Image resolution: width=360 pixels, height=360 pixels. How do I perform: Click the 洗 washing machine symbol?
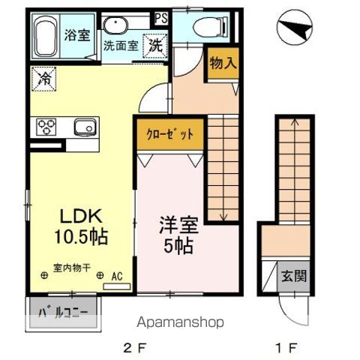pyautogui.click(x=154, y=44)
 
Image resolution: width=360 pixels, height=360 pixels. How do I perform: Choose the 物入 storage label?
pyautogui.click(x=222, y=64)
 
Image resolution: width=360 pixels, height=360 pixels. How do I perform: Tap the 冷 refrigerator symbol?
pyautogui.click(x=43, y=76)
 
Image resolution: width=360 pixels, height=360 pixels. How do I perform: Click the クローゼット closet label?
pyautogui.click(x=169, y=135)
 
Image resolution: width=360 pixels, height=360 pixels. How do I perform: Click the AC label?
pyautogui.click(x=116, y=276)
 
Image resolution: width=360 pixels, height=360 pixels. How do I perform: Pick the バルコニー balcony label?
pyautogui.click(x=64, y=313)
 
